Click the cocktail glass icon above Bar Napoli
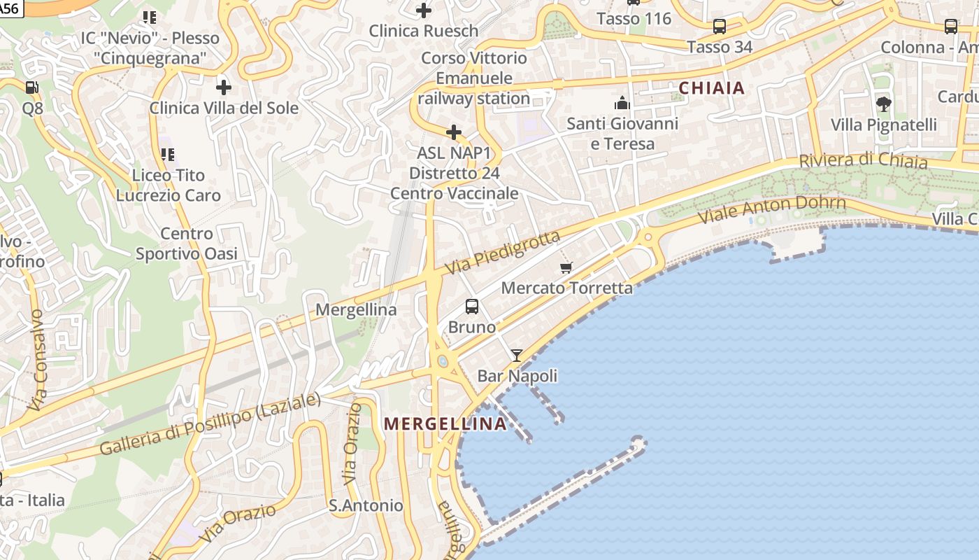click(x=516, y=356)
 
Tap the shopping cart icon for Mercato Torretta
click(x=566, y=267)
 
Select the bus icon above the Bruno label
click(x=472, y=307)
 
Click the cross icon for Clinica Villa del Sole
click(x=224, y=87)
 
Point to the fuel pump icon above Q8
click(x=32, y=87)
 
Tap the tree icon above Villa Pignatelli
click(x=883, y=104)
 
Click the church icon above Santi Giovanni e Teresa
click(x=622, y=104)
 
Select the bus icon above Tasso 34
click(x=719, y=27)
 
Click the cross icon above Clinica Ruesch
click(x=423, y=10)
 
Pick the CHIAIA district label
click(x=712, y=88)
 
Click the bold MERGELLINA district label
click(x=445, y=423)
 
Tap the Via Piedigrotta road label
click(x=503, y=253)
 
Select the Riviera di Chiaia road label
click(x=863, y=161)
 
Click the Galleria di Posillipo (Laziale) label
click(x=210, y=424)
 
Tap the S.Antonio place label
click(x=366, y=505)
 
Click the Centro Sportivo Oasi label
click(x=186, y=244)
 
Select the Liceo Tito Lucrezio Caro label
click(x=168, y=185)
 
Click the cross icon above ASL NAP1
click(x=454, y=132)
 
